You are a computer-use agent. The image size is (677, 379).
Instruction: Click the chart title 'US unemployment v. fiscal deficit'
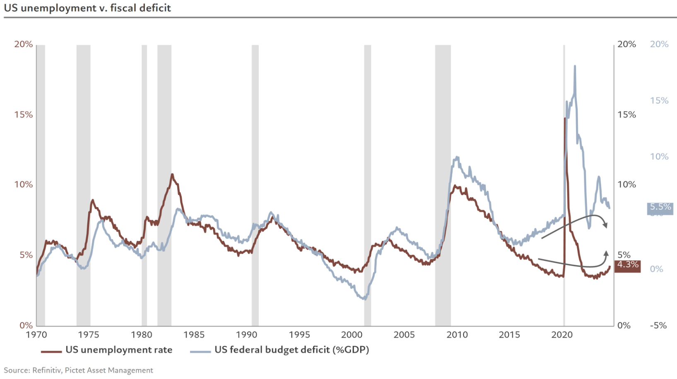(87, 8)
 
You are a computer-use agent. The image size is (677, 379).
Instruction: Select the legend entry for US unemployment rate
(107, 350)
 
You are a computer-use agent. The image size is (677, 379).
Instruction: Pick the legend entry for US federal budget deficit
(279, 350)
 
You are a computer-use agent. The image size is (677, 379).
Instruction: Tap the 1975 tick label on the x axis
(89, 335)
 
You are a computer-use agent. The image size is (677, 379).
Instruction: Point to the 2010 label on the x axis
(457, 335)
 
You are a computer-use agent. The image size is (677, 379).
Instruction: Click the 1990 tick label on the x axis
(247, 335)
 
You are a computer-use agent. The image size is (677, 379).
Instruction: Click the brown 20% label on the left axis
(23, 44)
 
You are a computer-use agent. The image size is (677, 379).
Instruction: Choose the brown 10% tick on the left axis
(23, 185)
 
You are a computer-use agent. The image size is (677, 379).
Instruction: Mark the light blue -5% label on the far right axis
(658, 326)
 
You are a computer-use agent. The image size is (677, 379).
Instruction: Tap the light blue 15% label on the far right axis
(659, 101)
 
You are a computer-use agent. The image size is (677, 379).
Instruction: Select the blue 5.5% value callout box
(660, 207)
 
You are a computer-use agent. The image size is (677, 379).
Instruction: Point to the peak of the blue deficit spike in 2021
(575, 66)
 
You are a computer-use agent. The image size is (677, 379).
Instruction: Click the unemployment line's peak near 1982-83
(172, 175)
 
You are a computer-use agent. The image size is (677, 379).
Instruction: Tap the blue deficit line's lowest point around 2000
(364, 299)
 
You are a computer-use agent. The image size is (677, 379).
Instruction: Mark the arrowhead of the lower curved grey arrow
(606, 253)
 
